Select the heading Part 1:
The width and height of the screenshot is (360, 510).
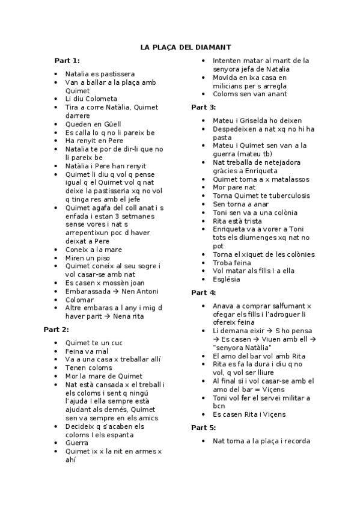(x=67, y=60)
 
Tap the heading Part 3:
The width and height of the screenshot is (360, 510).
(x=203, y=107)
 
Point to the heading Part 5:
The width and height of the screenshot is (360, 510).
(x=203, y=428)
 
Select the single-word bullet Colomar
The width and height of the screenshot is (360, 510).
(x=79, y=300)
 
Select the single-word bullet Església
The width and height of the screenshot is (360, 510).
(x=227, y=279)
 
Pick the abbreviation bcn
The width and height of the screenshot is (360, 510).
(x=219, y=405)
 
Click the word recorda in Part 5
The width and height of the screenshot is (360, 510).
(x=294, y=441)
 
